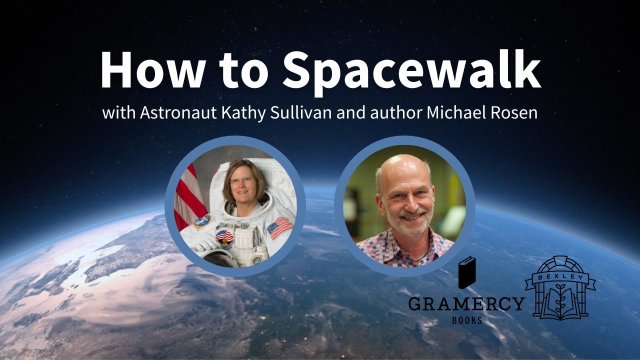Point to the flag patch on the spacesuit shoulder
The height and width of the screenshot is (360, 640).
(280, 227)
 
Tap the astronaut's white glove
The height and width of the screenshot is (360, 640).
(203, 243)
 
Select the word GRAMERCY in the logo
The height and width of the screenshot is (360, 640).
(466, 303)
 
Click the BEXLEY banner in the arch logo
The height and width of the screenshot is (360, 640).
(560, 276)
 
